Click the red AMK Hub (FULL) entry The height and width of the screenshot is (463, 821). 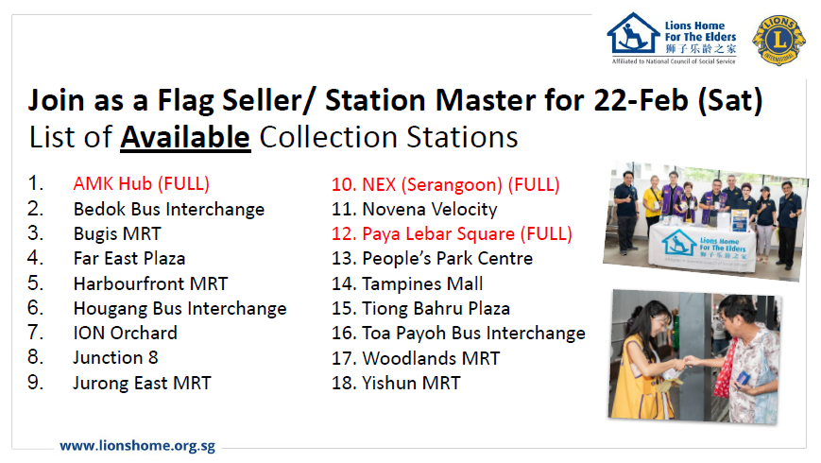pos(142,184)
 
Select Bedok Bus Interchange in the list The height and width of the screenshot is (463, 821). pos(169,209)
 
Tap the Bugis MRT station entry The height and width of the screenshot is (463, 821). pos(117,233)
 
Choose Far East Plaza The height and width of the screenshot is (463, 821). pos(129,258)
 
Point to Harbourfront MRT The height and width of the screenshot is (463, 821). pos(151,283)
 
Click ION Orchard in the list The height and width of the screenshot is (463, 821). pos(125,334)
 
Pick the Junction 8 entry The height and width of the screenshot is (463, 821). pos(115,358)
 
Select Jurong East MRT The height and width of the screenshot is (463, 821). pos(142,383)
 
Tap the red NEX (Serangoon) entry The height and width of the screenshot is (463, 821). pos(446,184)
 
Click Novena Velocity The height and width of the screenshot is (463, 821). pos(414,210)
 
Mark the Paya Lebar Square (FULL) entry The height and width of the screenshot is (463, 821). pos(452,233)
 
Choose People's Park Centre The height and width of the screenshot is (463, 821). pos(432,259)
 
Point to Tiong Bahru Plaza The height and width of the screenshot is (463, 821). pos(420,308)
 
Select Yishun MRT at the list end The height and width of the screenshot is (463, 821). pos(396,383)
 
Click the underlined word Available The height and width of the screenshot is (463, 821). pos(185,138)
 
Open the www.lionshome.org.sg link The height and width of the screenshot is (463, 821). pos(137,446)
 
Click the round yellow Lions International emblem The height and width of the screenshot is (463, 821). pos(779,41)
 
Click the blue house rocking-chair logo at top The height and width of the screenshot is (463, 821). pos(633,33)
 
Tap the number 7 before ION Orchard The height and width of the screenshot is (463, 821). pos(35,333)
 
